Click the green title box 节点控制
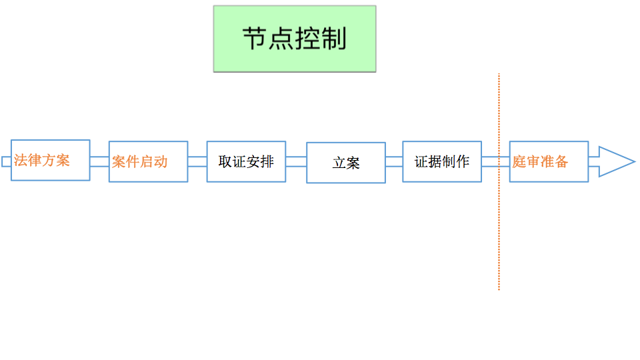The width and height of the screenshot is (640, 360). (295, 39)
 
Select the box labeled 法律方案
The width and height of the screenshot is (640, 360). (50, 160)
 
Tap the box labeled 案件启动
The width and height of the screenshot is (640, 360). (148, 161)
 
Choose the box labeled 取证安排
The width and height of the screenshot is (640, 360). (246, 161)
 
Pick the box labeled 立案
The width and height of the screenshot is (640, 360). (346, 163)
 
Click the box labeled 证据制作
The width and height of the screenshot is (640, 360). (442, 161)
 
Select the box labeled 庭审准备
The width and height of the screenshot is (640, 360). (549, 161)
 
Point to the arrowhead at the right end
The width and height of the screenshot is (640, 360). (617, 161)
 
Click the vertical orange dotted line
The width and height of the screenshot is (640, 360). (499, 181)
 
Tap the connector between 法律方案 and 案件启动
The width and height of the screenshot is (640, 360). (99, 161)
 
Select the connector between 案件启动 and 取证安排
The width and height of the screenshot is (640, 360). (197, 161)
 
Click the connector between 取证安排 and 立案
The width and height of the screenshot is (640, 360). (296, 161)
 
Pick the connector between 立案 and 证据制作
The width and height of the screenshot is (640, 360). (394, 161)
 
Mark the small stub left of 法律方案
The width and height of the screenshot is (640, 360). (6, 161)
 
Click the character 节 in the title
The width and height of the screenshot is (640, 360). (255, 39)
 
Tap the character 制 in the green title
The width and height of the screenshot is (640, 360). (334, 39)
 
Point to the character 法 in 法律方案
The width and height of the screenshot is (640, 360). (21, 161)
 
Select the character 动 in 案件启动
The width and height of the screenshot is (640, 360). (161, 162)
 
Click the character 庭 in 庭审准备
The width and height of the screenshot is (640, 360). (519, 161)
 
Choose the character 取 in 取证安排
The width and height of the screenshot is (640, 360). (225, 161)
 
